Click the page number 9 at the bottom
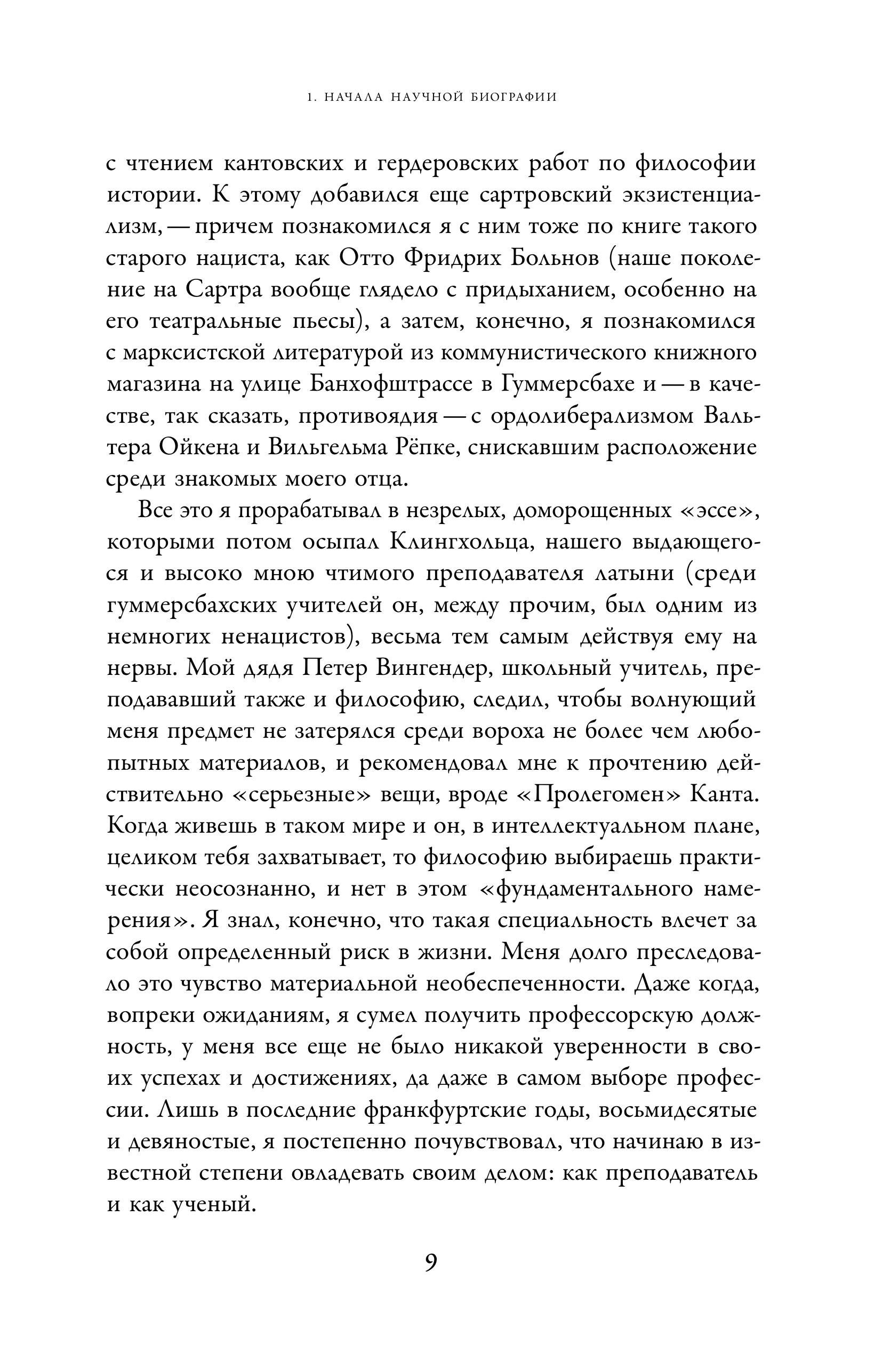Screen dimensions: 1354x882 tap(431, 1262)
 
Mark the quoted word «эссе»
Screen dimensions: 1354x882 tap(720, 510)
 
